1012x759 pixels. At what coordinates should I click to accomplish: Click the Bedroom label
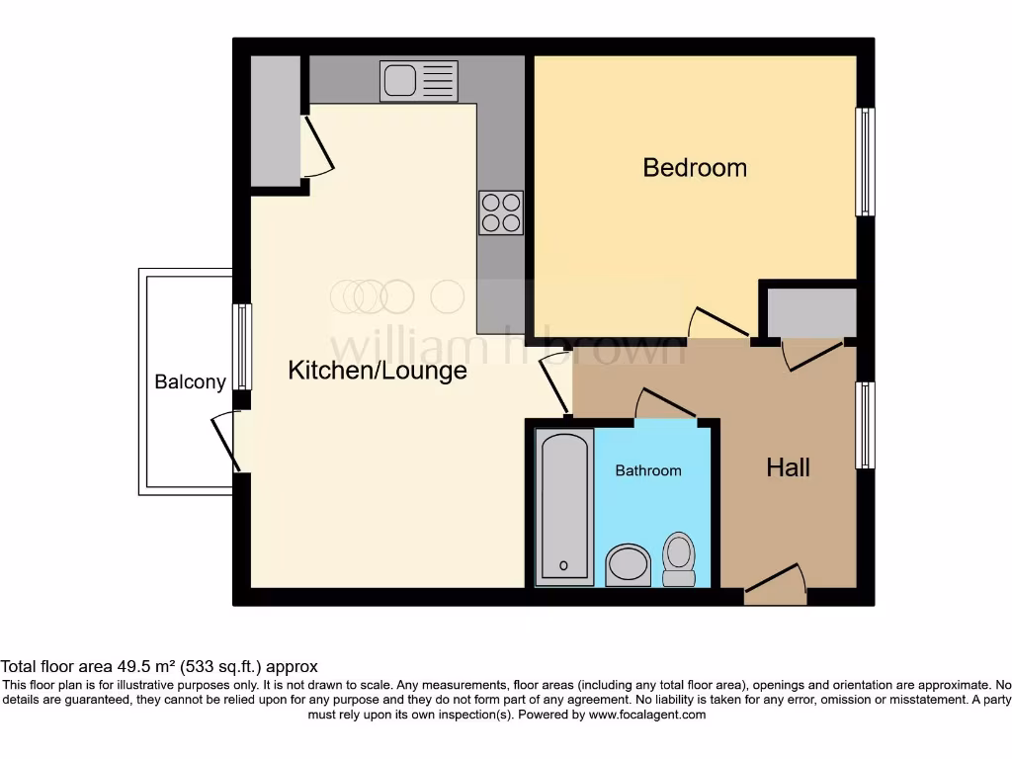click(x=695, y=167)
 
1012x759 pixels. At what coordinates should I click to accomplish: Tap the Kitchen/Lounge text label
click(x=377, y=371)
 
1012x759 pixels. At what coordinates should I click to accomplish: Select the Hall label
click(x=788, y=466)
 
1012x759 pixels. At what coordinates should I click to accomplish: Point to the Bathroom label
click(x=648, y=470)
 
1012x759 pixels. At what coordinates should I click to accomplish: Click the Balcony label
click(x=190, y=381)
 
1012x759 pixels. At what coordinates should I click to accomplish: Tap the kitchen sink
click(x=418, y=81)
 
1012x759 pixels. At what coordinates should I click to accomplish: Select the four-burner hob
click(x=501, y=212)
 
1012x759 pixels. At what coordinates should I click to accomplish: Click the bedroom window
click(x=865, y=161)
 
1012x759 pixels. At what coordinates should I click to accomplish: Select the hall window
click(x=865, y=425)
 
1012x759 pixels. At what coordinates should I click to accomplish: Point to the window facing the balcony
click(x=241, y=346)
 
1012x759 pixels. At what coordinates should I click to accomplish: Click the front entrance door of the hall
click(x=775, y=585)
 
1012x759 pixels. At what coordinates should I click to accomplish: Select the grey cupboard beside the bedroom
click(x=811, y=312)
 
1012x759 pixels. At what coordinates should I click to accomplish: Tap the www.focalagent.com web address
click(x=646, y=715)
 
